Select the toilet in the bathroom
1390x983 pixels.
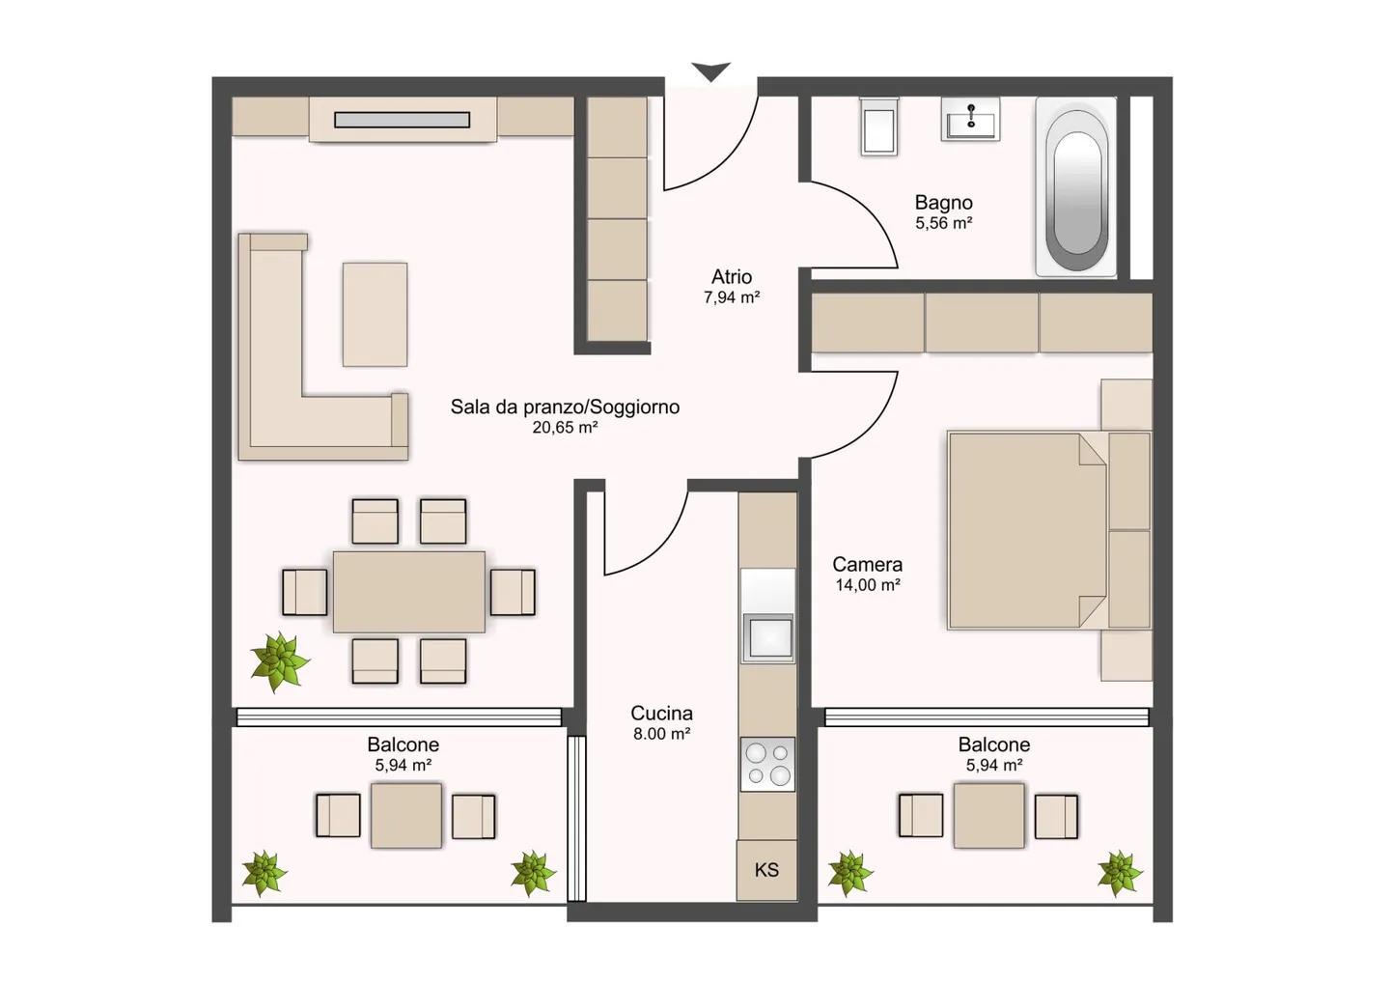[879, 127]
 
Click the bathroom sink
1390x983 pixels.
[970, 121]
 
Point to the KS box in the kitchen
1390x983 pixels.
[766, 870]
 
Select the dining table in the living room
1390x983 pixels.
[409, 591]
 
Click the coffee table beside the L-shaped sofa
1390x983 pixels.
[375, 314]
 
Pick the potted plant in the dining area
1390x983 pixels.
[279, 661]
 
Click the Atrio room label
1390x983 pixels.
[732, 277]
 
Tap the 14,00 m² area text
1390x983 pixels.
[868, 585]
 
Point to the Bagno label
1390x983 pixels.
[943, 203]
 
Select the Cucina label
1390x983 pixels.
[661, 714]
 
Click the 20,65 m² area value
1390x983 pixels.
[565, 428]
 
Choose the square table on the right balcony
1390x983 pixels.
[989, 816]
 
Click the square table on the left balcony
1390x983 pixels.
[406, 816]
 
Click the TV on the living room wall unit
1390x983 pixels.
[402, 120]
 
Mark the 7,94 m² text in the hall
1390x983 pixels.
[732, 297]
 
